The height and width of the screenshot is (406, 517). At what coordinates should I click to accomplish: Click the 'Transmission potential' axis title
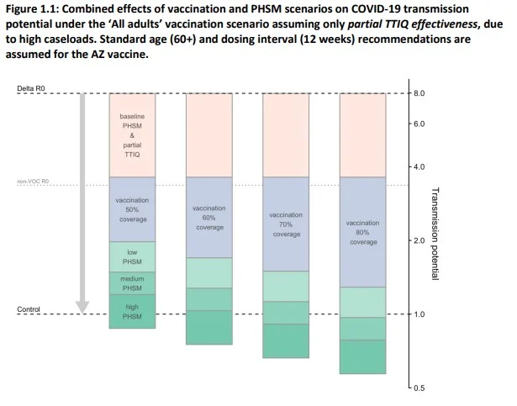click(435, 234)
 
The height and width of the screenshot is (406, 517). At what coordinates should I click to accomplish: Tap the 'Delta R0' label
click(32, 87)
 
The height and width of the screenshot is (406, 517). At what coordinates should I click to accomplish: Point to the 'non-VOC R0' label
click(34, 181)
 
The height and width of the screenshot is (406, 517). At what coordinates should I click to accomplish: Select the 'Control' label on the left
click(29, 309)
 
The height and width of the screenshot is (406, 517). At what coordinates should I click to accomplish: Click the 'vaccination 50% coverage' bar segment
click(132, 209)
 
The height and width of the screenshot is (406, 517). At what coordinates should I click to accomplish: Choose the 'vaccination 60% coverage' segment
click(209, 217)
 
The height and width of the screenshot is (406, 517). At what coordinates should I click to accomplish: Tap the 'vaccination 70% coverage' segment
click(286, 224)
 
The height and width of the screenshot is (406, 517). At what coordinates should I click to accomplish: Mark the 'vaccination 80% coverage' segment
click(362, 232)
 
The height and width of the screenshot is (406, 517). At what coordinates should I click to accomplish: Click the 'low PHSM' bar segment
click(132, 256)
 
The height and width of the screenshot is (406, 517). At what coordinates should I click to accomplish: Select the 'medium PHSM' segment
click(132, 283)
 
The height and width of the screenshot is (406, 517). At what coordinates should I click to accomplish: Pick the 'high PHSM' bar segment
click(132, 311)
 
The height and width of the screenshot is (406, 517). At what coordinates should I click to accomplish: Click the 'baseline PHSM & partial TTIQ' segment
click(132, 134)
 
